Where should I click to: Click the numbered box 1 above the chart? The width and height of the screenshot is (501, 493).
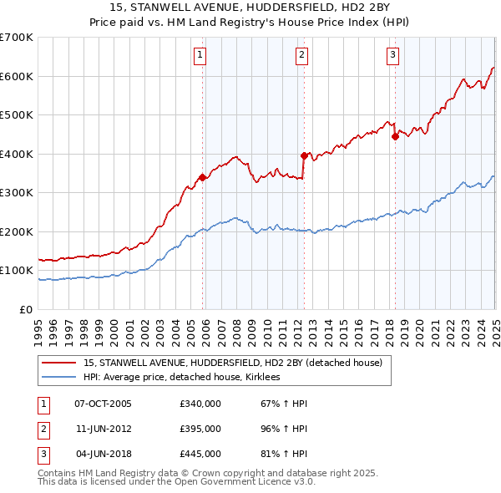point(201,56)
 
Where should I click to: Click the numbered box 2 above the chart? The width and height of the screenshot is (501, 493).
point(301,56)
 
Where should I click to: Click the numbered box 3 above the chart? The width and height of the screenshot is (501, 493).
point(392,56)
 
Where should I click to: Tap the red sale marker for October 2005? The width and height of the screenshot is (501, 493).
point(202,177)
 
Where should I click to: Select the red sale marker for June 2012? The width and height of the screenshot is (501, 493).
point(304,155)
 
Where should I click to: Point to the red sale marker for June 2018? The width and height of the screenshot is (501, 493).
point(395,136)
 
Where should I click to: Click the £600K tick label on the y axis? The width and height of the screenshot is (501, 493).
point(17,76)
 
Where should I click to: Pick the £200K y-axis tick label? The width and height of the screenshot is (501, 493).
point(17,231)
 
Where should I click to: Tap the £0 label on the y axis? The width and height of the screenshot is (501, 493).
point(26,309)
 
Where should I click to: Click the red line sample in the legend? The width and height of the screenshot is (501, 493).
point(59,363)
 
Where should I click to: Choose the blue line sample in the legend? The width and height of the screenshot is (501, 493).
point(59,378)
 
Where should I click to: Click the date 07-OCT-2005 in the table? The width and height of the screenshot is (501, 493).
point(103,404)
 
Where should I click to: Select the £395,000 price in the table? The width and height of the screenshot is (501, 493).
point(200,429)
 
